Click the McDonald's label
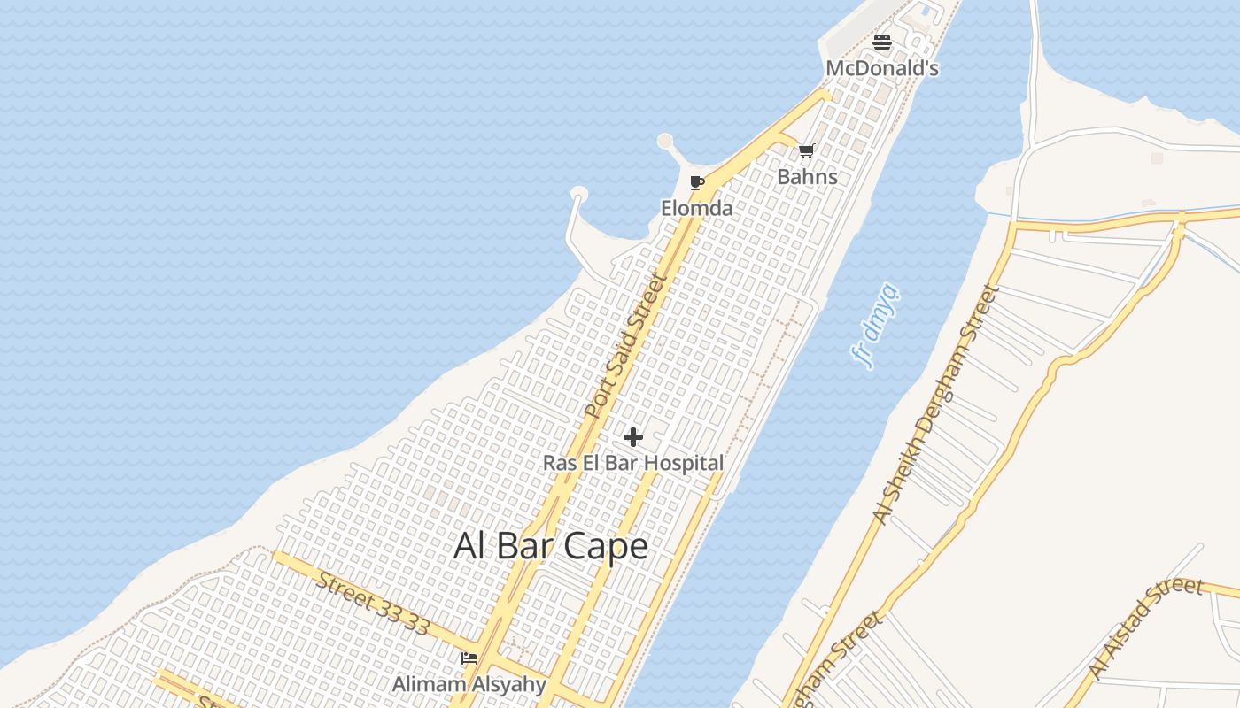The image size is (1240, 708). (x=882, y=68)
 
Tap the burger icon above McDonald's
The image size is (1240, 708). (x=882, y=42)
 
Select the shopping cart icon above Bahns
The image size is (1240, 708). (x=806, y=151)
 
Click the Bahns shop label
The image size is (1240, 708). (x=807, y=176)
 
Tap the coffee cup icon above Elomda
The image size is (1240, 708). (x=697, y=183)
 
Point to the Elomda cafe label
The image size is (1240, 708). (x=697, y=208)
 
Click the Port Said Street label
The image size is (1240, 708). (x=624, y=347)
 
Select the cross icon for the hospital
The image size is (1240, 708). (x=633, y=437)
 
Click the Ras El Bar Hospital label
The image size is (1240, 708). (x=633, y=463)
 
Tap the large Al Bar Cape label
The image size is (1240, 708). (x=551, y=545)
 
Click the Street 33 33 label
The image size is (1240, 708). (x=373, y=604)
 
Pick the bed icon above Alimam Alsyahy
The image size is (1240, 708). (x=469, y=658)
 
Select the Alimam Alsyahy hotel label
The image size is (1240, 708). (x=469, y=684)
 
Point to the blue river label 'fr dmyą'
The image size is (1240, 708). (x=875, y=325)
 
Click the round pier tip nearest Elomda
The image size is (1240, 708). (x=665, y=141)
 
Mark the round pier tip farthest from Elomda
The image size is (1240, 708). (x=579, y=194)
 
